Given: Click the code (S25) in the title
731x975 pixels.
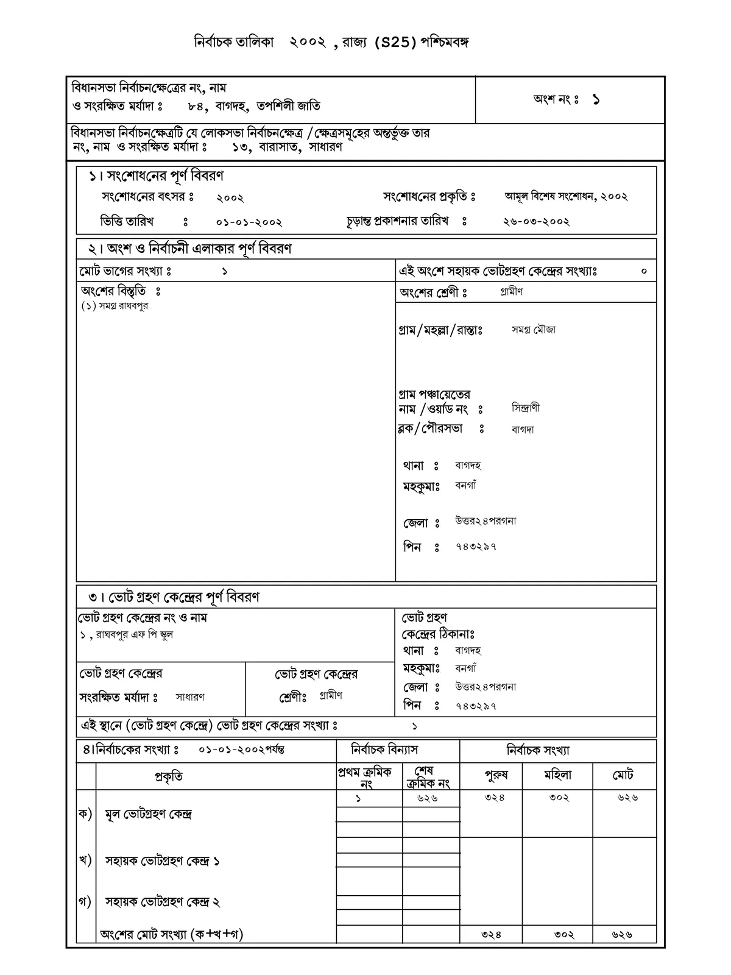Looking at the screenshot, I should click(x=396, y=43).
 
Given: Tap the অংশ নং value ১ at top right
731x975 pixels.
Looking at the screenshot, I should click(x=596, y=100).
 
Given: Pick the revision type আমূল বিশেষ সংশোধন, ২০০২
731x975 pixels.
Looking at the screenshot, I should click(x=566, y=197).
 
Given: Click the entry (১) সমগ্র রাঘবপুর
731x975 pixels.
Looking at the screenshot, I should click(x=115, y=306).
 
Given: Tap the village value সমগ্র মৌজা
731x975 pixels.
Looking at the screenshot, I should click(x=534, y=330).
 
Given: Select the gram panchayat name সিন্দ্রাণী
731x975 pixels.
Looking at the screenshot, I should click(x=526, y=408).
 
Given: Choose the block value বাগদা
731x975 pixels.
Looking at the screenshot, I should click(x=523, y=429).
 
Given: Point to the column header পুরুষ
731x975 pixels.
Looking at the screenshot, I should click(x=496, y=776).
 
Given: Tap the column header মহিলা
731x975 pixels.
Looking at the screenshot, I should click(x=557, y=776).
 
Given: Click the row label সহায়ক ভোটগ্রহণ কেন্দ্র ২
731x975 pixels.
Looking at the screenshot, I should click(x=162, y=902).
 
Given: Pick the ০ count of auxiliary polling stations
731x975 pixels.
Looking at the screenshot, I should click(x=644, y=271).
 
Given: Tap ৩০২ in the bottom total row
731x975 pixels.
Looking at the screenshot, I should click(x=564, y=934).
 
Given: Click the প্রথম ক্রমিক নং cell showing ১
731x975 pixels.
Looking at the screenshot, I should click(x=358, y=798).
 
